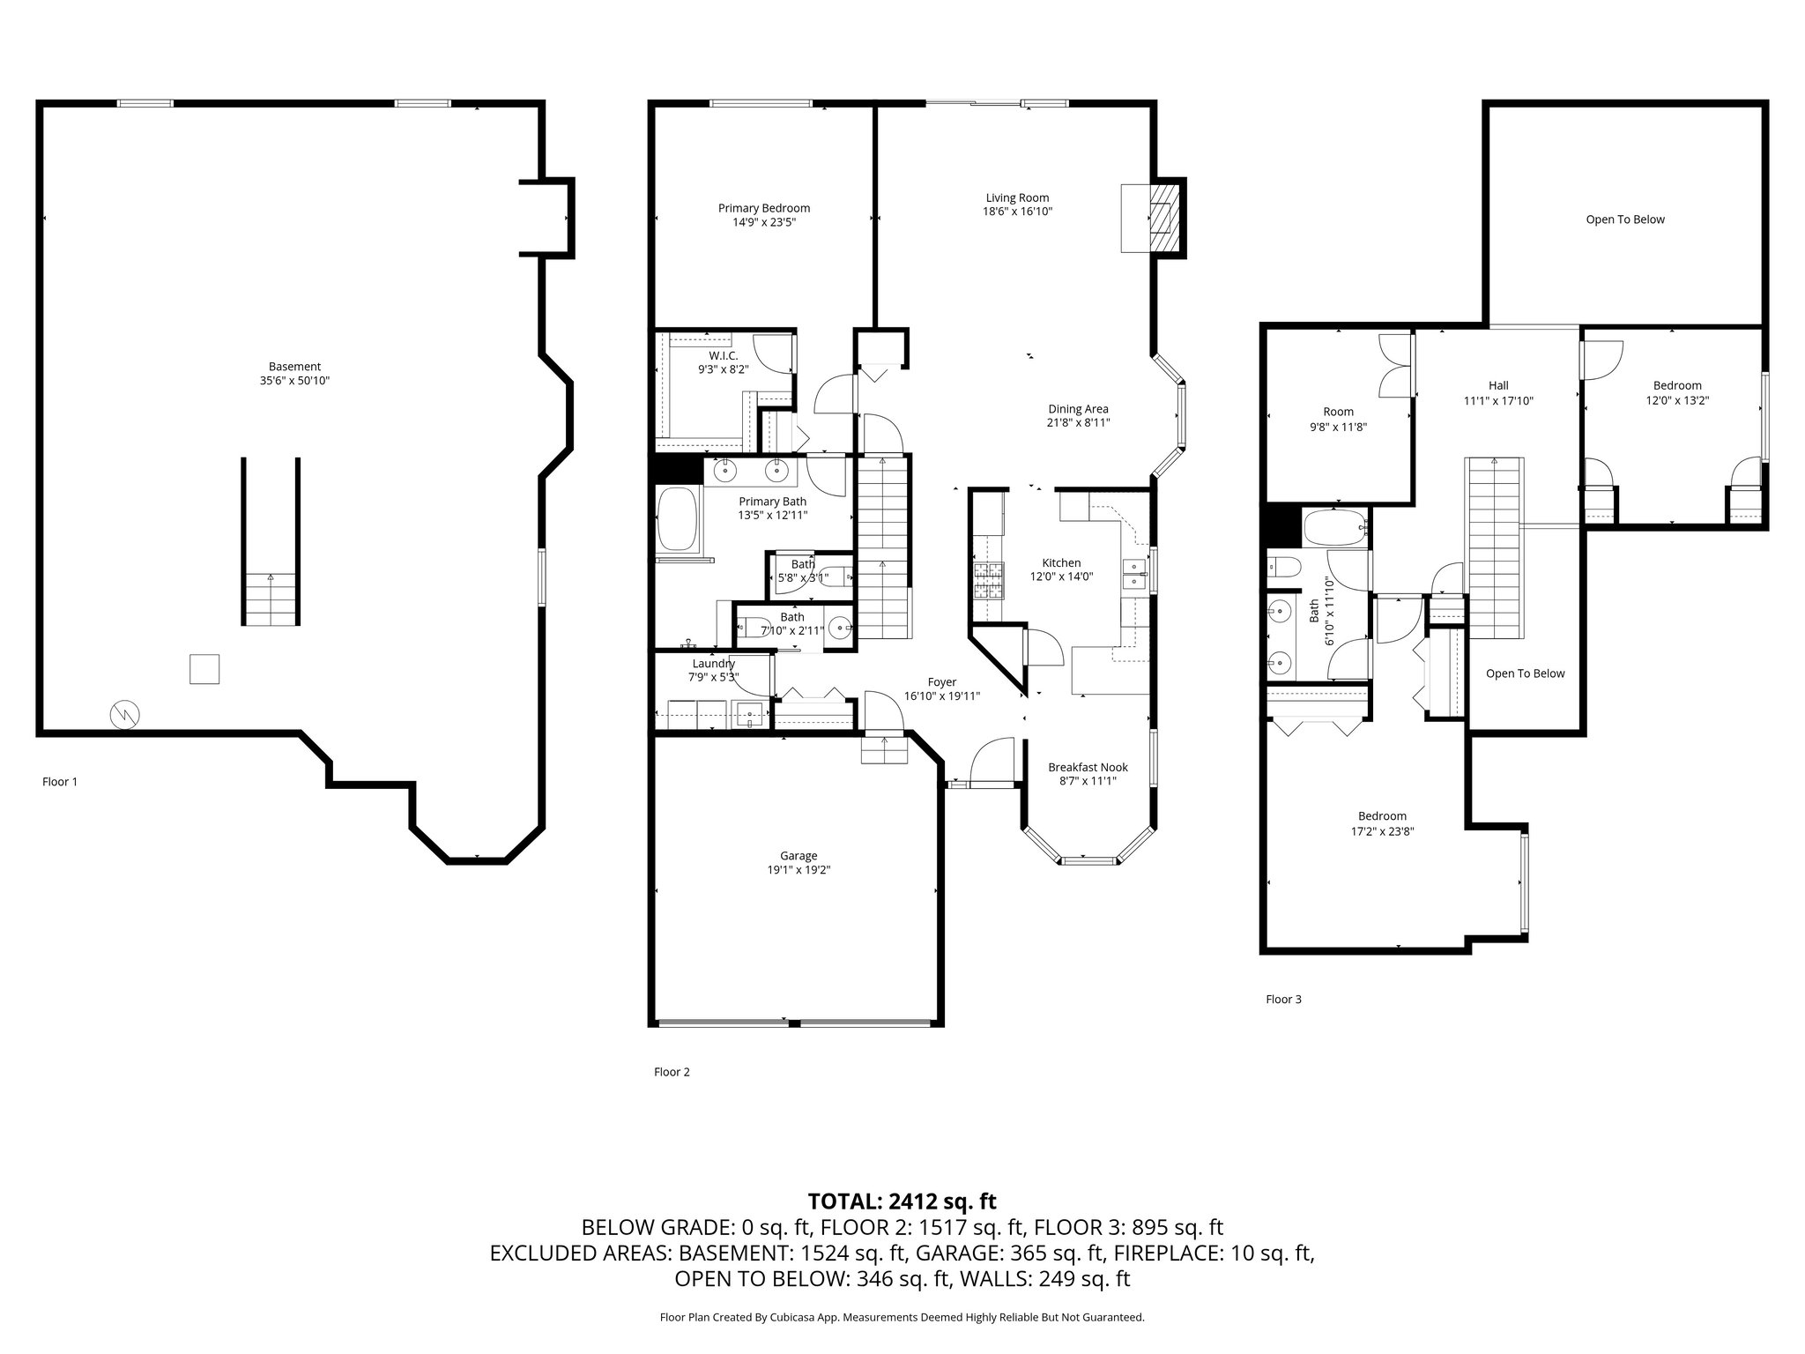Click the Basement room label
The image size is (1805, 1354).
tap(294, 367)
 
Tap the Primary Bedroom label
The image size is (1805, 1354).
tap(763, 209)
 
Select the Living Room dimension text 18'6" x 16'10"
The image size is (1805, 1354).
tap(1017, 212)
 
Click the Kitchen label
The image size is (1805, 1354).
tap(1061, 563)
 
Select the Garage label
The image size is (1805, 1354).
tap(799, 856)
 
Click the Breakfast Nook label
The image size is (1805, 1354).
tap(1088, 767)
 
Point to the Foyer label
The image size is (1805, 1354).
tap(941, 682)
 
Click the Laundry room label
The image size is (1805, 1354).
tap(713, 664)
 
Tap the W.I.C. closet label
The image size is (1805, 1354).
tap(723, 356)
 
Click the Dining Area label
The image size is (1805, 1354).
tap(1078, 409)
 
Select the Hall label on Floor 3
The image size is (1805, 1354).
tap(1498, 385)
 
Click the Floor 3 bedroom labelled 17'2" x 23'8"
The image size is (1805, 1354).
tap(1382, 823)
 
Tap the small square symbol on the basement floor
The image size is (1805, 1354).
tap(204, 669)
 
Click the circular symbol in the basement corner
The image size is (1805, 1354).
tap(124, 715)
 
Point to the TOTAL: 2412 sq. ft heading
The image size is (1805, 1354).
tap(902, 1201)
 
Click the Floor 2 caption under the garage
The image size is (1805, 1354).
tap(672, 1072)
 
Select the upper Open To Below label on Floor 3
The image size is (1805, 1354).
tap(1625, 219)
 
